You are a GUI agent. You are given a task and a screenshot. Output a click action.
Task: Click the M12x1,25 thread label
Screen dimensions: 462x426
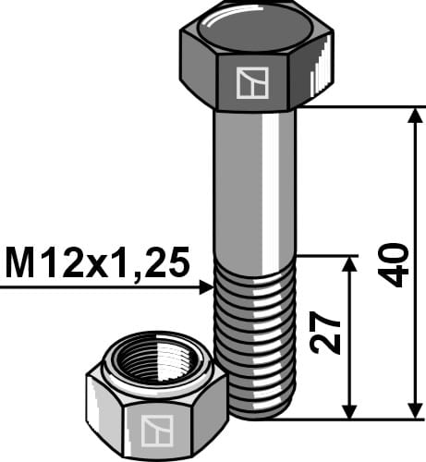pos(97,262)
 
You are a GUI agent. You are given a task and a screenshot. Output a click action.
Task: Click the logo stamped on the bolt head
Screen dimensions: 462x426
pos(250,83)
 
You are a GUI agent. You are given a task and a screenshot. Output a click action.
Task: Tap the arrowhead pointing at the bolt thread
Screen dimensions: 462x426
pos(205,288)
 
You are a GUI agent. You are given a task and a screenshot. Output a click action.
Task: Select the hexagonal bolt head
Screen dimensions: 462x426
pos(256,55)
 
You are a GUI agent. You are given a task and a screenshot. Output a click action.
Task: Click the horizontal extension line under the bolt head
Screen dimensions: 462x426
pos(360,107)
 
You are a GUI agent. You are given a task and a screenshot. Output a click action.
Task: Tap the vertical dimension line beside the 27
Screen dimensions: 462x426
pos(349,337)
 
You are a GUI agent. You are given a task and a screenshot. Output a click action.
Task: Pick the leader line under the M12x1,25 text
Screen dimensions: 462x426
pos(102,288)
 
